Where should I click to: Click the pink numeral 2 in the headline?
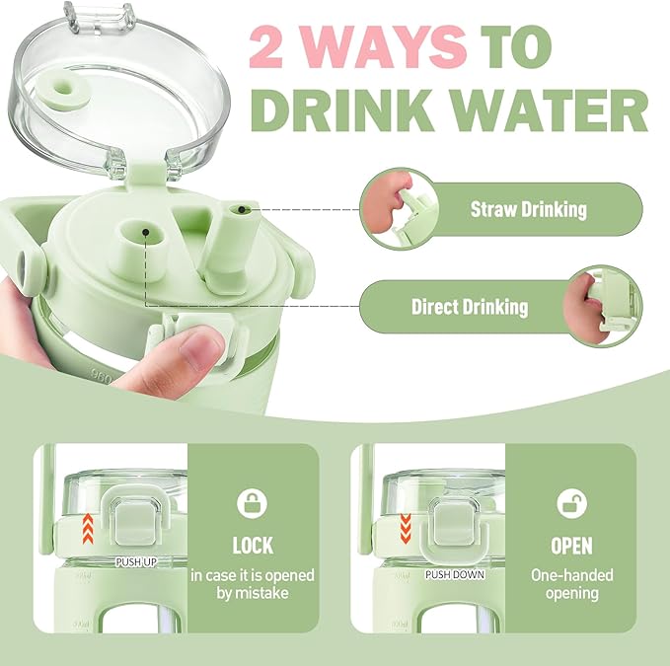(265, 46)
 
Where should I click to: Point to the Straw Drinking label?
(529, 209)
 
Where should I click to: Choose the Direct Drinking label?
(470, 307)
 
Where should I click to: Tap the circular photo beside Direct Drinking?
(603, 306)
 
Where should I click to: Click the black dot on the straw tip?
(242, 209)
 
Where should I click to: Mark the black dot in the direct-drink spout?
(146, 232)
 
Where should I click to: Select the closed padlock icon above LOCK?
(252, 503)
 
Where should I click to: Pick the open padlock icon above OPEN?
(571, 503)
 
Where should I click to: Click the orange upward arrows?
(88, 529)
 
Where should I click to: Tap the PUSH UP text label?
(136, 561)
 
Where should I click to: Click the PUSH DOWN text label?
(455, 574)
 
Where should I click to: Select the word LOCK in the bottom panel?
(253, 546)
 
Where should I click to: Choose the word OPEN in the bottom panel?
(571, 546)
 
